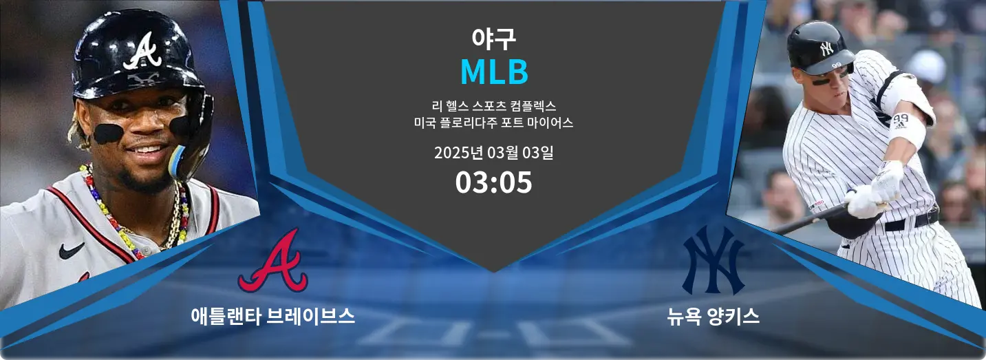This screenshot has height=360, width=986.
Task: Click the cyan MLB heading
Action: pos(494,72)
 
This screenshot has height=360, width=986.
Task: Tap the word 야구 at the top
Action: pos(493,39)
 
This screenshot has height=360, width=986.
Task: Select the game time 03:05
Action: pos(493,182)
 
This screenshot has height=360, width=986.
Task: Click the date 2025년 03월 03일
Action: pos(493,153)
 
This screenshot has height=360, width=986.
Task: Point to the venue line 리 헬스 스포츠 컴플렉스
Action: pos(494,106)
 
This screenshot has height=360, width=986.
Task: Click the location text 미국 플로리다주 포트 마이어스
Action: pos(493,123)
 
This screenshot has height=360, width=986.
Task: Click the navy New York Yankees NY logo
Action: pos(713,260)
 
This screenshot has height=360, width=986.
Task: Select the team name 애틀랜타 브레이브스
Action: pos(273,316)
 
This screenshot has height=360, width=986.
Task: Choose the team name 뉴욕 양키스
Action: pos(713,316)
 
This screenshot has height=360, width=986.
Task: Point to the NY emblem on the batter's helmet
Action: pos(826,48)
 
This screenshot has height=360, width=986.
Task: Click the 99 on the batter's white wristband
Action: pos(902,119)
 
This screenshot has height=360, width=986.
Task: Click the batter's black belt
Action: pos(911,222)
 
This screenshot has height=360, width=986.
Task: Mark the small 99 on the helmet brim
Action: pos(836,65)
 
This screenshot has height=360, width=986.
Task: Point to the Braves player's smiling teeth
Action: pos(147,149)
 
